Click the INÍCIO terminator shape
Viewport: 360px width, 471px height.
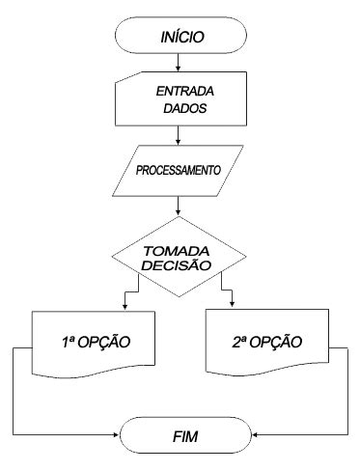point(179,39)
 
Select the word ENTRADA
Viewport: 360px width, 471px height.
point(186,92)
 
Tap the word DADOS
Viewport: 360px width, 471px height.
point(180,109)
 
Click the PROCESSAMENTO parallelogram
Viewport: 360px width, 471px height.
point(180,170)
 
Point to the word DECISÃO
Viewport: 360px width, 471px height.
point(180,264)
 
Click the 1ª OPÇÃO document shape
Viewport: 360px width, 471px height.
point(90,343)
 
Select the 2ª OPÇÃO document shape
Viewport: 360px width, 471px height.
point(265,343)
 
